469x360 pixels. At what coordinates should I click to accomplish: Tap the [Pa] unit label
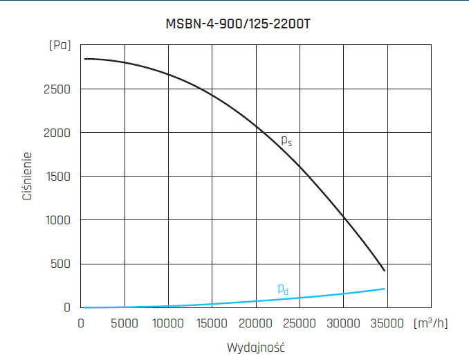[59, 46]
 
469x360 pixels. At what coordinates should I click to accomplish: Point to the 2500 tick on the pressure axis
[57, 89]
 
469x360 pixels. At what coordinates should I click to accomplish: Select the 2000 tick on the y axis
[57, 133]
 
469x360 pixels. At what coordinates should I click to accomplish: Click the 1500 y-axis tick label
[57, 177]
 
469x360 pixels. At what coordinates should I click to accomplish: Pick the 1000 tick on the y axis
[57, 220]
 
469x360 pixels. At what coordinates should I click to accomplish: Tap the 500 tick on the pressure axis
[61, 264]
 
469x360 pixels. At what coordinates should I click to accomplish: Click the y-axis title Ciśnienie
[27, 177]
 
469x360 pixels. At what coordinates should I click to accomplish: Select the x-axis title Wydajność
[256, 346]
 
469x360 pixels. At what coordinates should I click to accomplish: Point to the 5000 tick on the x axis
[125, 323]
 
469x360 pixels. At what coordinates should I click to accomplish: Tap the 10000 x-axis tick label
[169, 323]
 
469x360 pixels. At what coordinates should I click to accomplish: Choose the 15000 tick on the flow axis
[212, 323]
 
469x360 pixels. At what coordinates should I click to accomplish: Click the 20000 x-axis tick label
[256, 323]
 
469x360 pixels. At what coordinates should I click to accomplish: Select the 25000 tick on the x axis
[300, 323]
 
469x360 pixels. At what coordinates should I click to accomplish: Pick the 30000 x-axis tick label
[343, 323]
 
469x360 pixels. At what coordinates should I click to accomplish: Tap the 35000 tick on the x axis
[387, 323]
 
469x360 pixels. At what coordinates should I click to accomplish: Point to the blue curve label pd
[283, 289]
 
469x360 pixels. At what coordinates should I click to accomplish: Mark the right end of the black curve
[385, 270]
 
